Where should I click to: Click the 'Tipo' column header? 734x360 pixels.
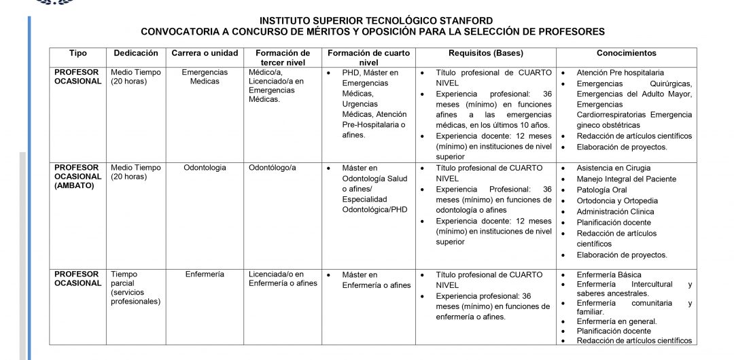click(78, 53)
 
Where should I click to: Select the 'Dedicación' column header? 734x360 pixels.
click(136, 53)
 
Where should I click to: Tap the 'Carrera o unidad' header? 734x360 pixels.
click(205, 53)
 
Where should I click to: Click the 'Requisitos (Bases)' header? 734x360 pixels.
click(485, 53)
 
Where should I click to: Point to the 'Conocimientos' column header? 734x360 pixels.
click(626, 53)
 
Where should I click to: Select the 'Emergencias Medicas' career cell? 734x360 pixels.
click(205, 77)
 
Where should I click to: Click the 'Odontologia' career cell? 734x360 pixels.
click(205, 168)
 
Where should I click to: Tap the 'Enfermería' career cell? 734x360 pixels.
click(205, 274)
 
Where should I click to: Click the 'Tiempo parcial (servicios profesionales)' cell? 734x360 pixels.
click(135, 288)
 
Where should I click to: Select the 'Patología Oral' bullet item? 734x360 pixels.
click(601, 190)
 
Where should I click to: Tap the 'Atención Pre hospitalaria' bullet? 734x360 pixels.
click(620, 72)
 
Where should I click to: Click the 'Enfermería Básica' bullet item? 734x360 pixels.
click(608, 274)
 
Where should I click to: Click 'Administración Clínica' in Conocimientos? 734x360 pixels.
click(615, 212)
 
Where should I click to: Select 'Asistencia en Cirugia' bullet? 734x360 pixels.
click(613, 168)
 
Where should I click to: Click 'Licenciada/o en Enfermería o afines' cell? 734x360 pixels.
click(283, 278)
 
